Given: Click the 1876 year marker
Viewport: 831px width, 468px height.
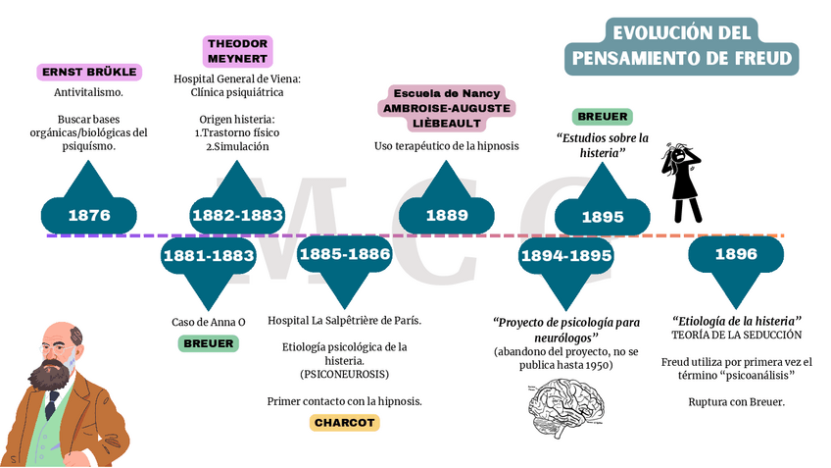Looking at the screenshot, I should (89, 215).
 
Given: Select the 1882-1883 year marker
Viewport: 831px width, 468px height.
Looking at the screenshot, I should (237, 215).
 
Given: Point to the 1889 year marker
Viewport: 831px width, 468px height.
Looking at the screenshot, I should (446, 215).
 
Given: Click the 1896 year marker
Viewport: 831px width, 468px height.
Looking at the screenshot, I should (736, 254).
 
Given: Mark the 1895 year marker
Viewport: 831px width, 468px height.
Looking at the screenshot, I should (603, 217).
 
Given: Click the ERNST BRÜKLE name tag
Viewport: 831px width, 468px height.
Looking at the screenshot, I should (89, 72).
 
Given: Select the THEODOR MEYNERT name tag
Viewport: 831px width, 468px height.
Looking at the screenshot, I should (238, 51).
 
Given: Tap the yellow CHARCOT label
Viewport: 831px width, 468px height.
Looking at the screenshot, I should (344, 423).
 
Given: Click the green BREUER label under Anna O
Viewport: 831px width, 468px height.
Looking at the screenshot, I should (208, 343).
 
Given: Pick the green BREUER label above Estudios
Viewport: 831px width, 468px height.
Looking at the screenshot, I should (603, 116).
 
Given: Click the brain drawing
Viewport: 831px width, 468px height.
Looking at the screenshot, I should (566, 403).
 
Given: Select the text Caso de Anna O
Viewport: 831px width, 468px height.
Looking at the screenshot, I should (208, 321).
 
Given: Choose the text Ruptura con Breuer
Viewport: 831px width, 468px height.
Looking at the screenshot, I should (736, 401).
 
